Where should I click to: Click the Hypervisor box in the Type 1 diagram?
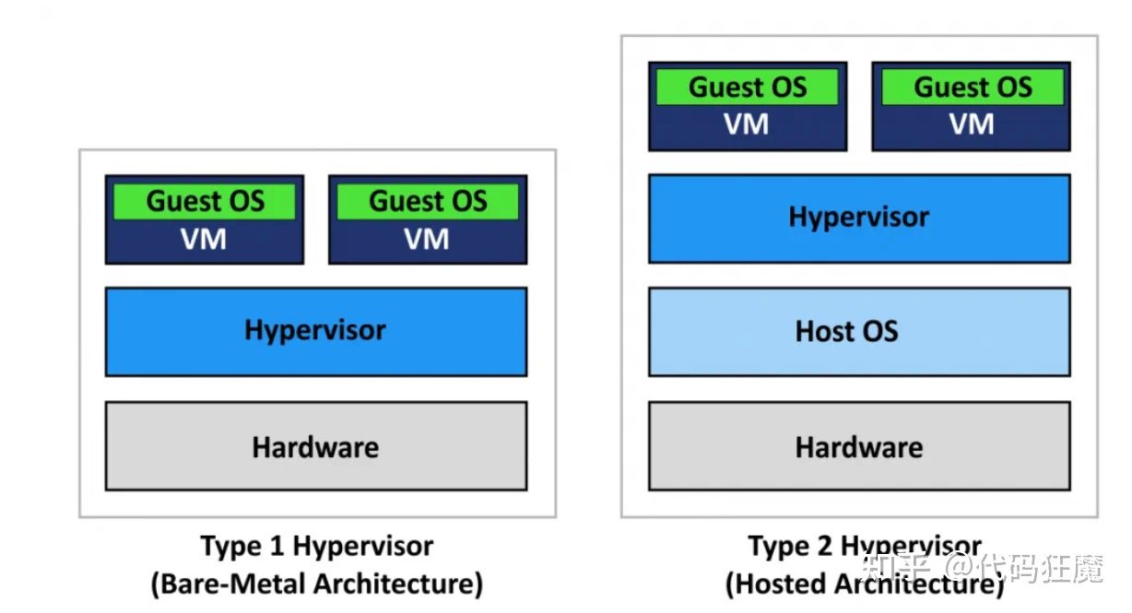tap(315, 331)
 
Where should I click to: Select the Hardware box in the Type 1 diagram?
tap(315, 446)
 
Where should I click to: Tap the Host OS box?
tap(859, 331)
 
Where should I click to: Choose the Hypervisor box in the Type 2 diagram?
tap(859, 218)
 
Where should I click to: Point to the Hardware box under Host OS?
tap(859, 446)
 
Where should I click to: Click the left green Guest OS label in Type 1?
tap(205, 201)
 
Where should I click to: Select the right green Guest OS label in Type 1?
tap(428, 201)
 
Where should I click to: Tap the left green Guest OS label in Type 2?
tap(747, 88)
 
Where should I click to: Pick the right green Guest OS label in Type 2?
tap(973, 88)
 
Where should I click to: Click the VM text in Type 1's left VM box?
tap(204, 240)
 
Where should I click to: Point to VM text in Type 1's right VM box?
tap(427, 240)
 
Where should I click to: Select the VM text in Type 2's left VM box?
tap(747, 124)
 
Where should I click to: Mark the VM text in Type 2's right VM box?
tap(972, 124)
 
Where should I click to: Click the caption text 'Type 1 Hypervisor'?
tap(316, 546)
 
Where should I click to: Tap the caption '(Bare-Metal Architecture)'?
tap(316, 584)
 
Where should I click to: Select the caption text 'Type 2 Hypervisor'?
tap(864, 546)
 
